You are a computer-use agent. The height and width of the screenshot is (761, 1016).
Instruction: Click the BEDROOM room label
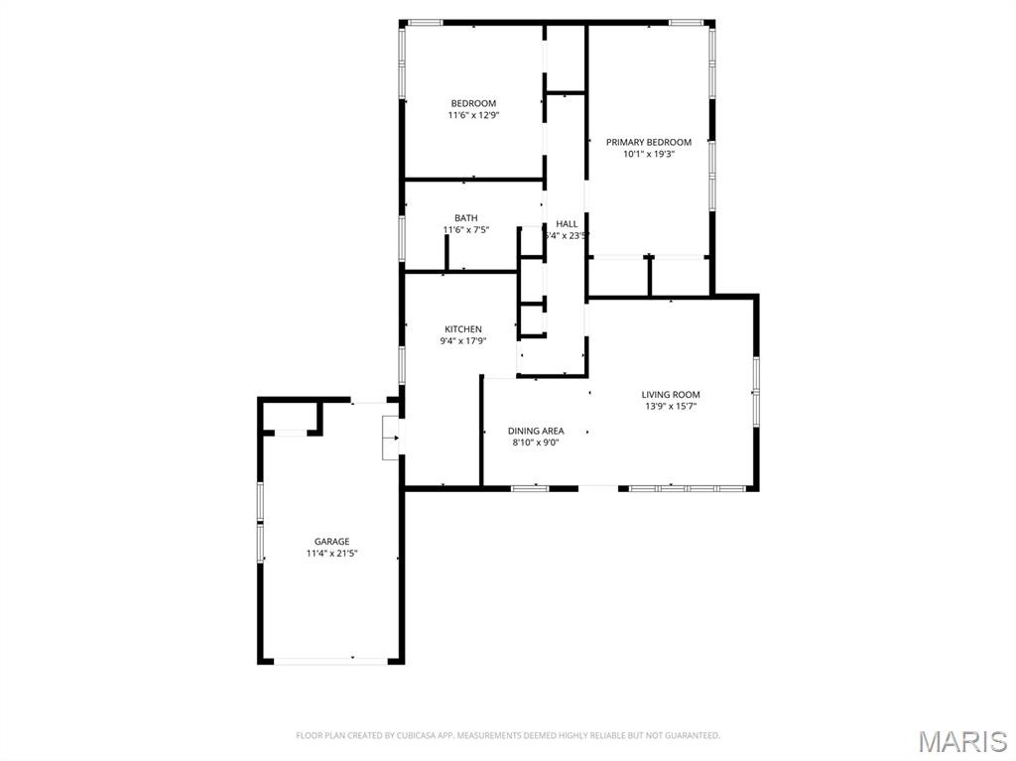(x=473, y=103)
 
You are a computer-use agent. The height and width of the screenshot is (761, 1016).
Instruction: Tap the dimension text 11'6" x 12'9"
(x=473, y=115)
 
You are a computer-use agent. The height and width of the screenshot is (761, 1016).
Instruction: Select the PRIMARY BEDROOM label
(x=649, y=142)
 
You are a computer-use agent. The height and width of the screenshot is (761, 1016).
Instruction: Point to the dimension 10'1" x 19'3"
(x=649, y=154)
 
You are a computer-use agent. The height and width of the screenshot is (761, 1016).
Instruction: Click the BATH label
(x=465, y=218)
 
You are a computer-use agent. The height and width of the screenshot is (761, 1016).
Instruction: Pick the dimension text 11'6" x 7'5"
(x=465, y=230)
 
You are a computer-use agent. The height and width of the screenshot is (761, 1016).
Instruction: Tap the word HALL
(x=567, y=224)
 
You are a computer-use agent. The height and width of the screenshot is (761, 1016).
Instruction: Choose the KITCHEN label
(x=463, y=329)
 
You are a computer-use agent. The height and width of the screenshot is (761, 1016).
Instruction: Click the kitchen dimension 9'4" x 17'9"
(x=463, y=341)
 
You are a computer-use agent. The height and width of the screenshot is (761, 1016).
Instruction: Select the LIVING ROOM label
(x=671, y=395)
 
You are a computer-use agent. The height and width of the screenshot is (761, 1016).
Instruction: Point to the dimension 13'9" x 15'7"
(x=671, y=407)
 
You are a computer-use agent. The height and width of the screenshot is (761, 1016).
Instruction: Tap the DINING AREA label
(x=536, y=431)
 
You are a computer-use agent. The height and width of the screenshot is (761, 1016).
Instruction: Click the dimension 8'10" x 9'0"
(x=536, y=443)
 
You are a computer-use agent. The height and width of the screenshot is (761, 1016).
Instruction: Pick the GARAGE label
(x=331, y=542)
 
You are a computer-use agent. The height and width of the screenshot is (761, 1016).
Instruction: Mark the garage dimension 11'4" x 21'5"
(x=331, y=554)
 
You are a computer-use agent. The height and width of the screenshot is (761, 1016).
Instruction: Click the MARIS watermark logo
(x=962, y=740)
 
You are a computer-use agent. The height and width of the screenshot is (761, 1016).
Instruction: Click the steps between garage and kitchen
(x=390, y=438)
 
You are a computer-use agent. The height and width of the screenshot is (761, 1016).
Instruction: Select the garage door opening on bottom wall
(x=330, y=661)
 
